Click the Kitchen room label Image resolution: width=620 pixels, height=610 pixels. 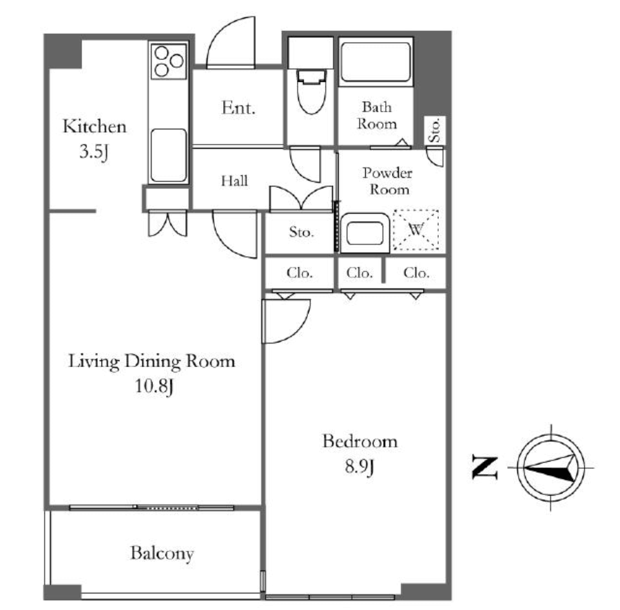point(94,127)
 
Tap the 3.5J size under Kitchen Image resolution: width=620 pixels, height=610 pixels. point(94,151)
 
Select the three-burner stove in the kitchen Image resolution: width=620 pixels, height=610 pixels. point(169,61)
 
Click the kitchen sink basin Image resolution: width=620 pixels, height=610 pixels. point(169,156)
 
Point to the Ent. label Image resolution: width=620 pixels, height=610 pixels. point(238,108)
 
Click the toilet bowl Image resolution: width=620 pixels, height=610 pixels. point(311,92)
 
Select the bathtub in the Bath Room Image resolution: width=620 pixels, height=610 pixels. point(375,62)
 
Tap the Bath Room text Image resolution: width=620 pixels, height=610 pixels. point(377,116)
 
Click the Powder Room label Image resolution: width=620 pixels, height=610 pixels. point(387,181)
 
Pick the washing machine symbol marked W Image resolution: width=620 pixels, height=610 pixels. point(416,229)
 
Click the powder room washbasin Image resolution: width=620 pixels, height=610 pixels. point(365,233)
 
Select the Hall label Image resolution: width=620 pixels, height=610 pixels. point(234,181)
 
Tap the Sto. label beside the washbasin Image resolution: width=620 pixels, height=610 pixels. point(301,232)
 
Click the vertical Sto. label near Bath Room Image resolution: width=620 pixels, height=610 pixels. point(435,130)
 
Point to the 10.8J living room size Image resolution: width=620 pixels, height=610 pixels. point(154,386)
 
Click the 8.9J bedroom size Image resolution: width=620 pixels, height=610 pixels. point(359,467)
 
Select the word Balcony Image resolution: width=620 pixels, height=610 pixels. point(162,554)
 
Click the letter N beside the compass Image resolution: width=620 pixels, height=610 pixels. point(485,467)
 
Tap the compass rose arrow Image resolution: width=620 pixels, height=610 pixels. point(550,468)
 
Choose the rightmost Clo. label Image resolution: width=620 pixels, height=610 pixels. point(416,273)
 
